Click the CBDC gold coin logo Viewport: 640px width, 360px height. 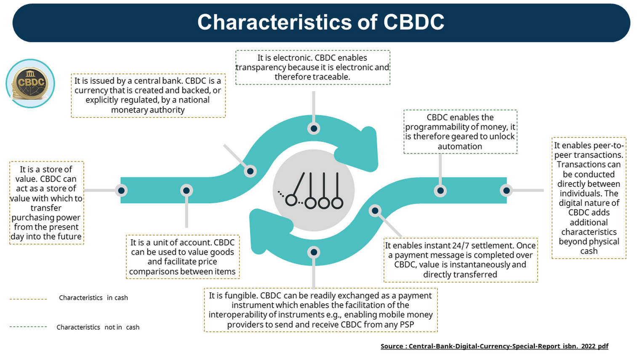pos(30,83)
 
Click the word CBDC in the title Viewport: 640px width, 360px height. pos(413,22)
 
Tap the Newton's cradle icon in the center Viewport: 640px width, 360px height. pos(313,191)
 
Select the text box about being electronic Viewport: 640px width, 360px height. pos(312,67)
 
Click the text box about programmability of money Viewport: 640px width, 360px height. pos(460,132)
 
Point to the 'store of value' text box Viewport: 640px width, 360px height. pos(46,203)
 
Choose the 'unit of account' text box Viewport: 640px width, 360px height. pos(182,257)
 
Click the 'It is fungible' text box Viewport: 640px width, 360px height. pos(320,310)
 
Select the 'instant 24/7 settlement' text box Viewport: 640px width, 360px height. pos(460,260)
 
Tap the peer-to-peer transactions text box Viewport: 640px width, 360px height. pos(589,198)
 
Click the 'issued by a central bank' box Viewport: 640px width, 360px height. pos(148,95)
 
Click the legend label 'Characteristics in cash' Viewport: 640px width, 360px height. pos(93,298)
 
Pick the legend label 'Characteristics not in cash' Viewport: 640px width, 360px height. pos(98,327)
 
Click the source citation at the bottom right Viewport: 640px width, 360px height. pos(494,346)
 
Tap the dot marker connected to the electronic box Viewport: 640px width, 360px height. pos(314,128)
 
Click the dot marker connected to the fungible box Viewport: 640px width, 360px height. pos(314,252)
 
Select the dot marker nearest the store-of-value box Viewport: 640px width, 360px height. pos(121,191)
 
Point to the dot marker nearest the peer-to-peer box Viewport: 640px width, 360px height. pos(506,191)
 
